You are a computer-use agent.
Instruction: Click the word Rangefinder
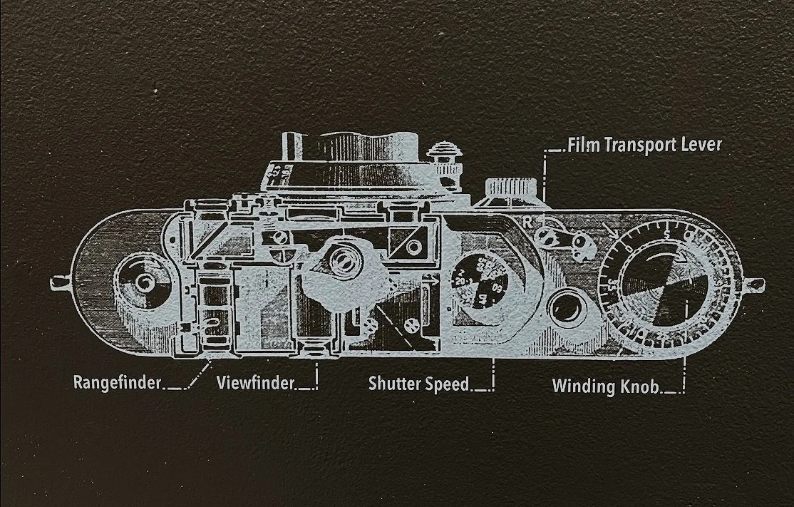(118, 383)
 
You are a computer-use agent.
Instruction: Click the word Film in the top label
(584, 145)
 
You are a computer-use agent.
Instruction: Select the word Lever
(703, 145)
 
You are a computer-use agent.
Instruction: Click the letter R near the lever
(527, 220)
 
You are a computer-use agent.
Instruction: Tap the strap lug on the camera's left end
(60, 283)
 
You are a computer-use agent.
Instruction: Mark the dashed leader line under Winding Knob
(684, 374)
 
